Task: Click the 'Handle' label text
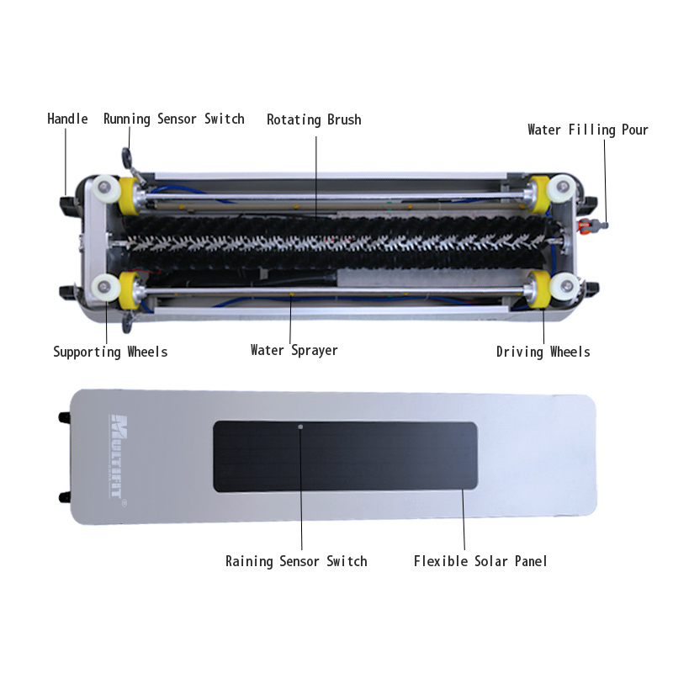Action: pos(67,119)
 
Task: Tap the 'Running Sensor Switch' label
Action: pos(174,119)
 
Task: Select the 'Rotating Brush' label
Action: pos(314,119)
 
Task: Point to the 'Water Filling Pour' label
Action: pos(587,130)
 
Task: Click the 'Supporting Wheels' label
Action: pos(110,352)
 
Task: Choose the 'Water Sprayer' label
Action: pos(294,350)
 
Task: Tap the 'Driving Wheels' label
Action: pos(543,352)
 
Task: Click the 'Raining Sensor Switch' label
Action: pos(296,561)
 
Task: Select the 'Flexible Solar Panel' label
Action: pos(480,561)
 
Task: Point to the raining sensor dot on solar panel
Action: pos(300,427)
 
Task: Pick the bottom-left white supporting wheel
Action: pos(104,287)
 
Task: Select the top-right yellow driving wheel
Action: pos(538,194)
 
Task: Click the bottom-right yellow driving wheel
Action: pos(538,289)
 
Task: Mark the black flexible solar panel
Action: pos(346,456)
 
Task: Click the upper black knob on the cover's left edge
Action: pos(65,416)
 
